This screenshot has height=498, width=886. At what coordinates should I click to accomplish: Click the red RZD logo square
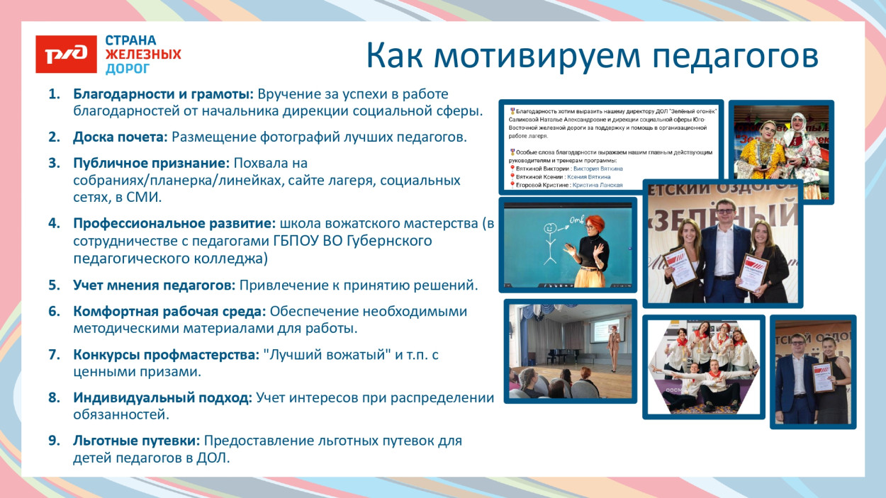[66, 54]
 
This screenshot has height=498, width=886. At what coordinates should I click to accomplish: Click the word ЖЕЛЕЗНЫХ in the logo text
[143, 55]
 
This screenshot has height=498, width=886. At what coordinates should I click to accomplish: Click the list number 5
[54, 285]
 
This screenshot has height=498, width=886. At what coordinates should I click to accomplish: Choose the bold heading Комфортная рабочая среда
[169, 312]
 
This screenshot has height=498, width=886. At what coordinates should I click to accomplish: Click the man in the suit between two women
[723, 244]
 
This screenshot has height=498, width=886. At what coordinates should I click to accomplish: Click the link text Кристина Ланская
[598, 185]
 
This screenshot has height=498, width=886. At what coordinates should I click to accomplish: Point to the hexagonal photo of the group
[704, 366]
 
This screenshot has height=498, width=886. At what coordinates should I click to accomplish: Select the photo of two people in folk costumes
[780, 142]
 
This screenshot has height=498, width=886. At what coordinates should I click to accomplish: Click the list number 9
[54, 441]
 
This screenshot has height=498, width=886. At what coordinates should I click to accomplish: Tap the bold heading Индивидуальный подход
[162, 398]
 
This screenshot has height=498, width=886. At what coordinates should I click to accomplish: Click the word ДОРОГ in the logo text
[128, 69]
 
